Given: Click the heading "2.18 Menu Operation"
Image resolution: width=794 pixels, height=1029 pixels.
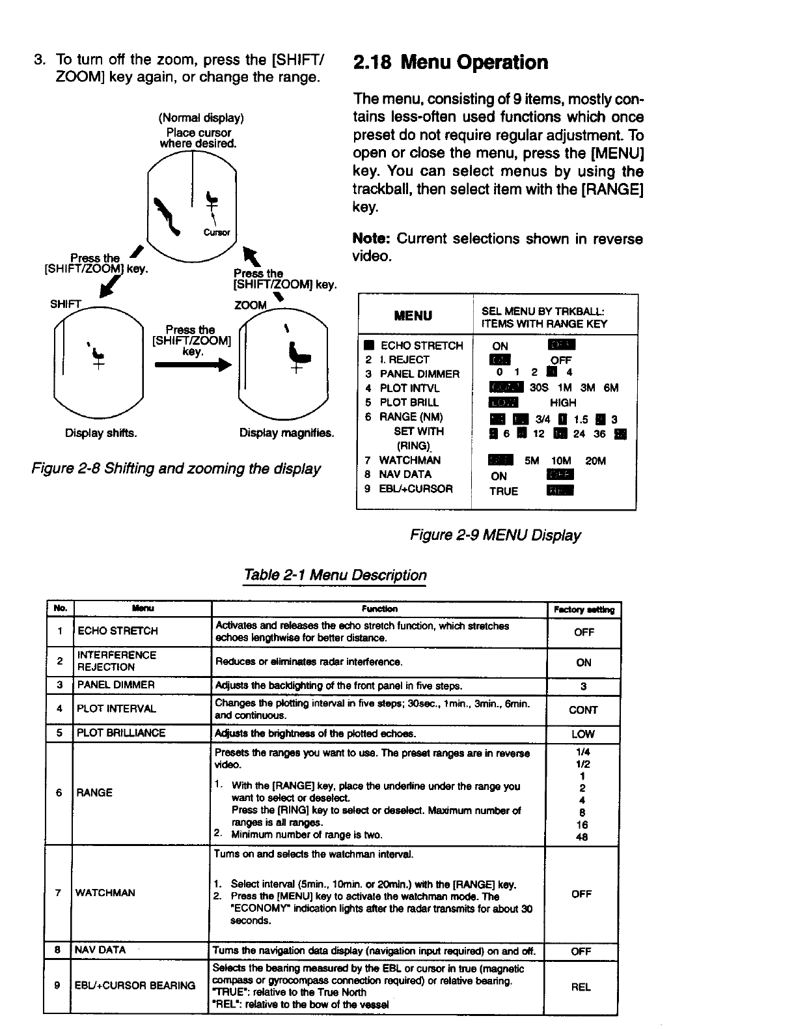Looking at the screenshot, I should pos(450,63).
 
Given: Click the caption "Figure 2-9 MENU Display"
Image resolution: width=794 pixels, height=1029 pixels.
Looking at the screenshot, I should pos(495,535).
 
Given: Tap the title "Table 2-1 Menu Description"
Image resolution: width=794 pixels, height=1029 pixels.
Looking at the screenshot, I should pos(335,576).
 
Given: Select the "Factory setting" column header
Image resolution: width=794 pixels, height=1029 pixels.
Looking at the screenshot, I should pos(584,610).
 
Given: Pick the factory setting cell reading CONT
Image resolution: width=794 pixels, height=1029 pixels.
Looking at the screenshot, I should pos(583,710).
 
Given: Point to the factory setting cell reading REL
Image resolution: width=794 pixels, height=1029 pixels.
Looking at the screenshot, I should pos(581,987).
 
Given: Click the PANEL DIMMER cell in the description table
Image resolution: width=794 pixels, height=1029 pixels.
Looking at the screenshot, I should pos(116,685).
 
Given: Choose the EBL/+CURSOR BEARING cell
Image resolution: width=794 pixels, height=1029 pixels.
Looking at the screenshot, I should pos(136,985).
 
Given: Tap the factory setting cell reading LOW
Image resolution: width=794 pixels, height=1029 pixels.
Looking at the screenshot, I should pos(583,734).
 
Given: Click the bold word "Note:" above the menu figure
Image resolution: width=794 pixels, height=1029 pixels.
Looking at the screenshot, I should pos(371,239).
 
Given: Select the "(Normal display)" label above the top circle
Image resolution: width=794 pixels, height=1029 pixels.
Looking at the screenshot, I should pos(201,119).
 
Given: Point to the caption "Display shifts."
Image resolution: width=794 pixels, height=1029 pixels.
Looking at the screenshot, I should pos(101,432).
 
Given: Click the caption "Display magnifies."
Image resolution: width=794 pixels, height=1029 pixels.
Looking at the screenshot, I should pos(286,432).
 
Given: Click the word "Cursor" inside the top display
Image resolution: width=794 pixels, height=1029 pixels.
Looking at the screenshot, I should pos(217,233).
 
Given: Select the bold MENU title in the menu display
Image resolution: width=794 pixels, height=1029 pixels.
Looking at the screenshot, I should pos(413,316).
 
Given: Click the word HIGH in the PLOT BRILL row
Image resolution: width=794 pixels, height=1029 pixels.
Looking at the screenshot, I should pos(563,402).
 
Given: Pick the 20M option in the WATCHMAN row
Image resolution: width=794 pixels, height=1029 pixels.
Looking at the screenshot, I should pos(595,460).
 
